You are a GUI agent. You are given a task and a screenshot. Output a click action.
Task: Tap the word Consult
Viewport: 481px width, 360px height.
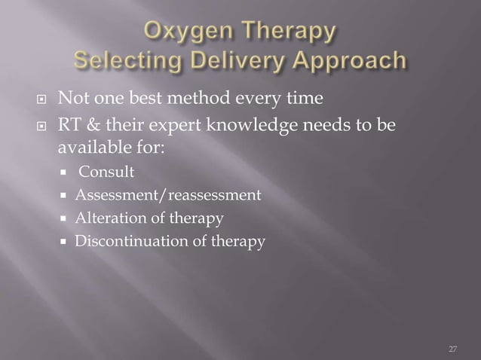(107, 172)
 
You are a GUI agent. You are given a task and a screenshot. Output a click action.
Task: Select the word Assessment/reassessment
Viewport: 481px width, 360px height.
(167, 196)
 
